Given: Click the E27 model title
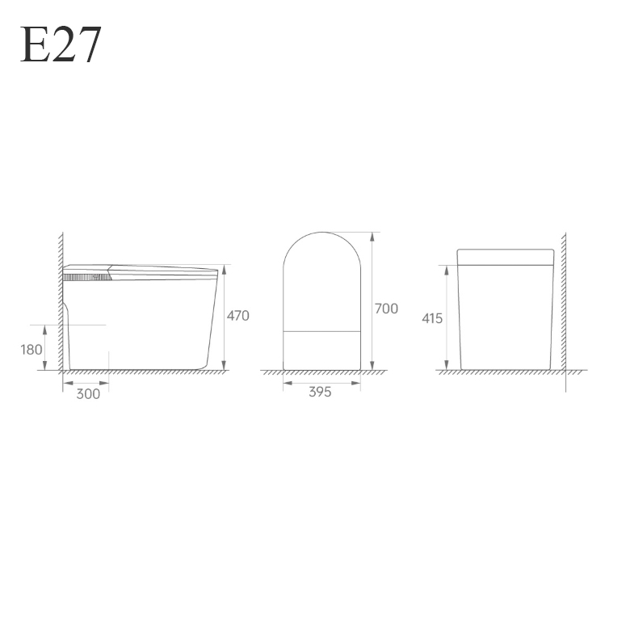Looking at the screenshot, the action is click(x=61, y=44).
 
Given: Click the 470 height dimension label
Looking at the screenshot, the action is click(x=238, y=316).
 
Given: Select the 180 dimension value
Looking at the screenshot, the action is click(x=32, y=350).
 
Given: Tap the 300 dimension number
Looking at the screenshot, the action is click(x=88, y=394).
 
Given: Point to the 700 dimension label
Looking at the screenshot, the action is click(x=386, y=308).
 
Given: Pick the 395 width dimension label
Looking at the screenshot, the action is click(x=320, y=392).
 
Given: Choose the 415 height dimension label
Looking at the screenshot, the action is click(x=432, y=318).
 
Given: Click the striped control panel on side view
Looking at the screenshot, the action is click(x=87, y=277).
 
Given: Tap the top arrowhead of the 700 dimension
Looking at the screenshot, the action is click(x=372, y=237).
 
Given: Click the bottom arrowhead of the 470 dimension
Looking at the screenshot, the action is click(x=224, y=365).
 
